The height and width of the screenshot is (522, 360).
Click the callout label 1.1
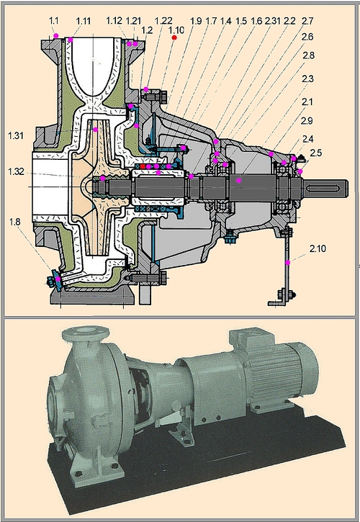53,21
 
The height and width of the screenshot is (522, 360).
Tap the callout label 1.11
84,22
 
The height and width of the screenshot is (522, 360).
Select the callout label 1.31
16,135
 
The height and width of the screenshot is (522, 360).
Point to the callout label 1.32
17,171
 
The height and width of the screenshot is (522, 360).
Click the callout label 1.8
15,222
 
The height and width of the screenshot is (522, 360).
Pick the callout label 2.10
318,248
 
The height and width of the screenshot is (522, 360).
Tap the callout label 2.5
316,153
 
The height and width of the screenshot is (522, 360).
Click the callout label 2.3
307,79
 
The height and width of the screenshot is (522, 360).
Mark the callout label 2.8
308,55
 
